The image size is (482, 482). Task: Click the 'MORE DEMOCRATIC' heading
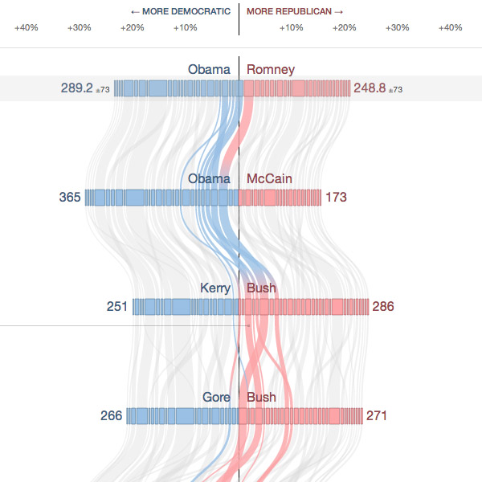pos(180,12)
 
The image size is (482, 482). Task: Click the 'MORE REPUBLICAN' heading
pos(295,12)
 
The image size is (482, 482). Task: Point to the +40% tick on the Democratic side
pos(27,28)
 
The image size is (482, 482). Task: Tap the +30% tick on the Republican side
pos(398,28)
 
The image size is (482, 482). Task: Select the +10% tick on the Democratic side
pos(186,28)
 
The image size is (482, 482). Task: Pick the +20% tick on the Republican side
pos(345,28)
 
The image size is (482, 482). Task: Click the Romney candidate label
pos(271,70)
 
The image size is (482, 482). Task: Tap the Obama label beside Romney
pos(209,70)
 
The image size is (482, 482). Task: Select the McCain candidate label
pos(269,178)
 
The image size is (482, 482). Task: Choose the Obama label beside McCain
pos(209,178)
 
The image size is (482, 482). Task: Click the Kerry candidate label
pos(215,288)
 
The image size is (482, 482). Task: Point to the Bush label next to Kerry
pos(261,288)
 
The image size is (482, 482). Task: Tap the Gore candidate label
pos(216,398)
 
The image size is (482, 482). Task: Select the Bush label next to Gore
pos(261,398)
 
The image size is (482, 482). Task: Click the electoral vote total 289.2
pos(77,88)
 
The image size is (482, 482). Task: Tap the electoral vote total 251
pos(117,306)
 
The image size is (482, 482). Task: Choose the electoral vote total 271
pos(377,415)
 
